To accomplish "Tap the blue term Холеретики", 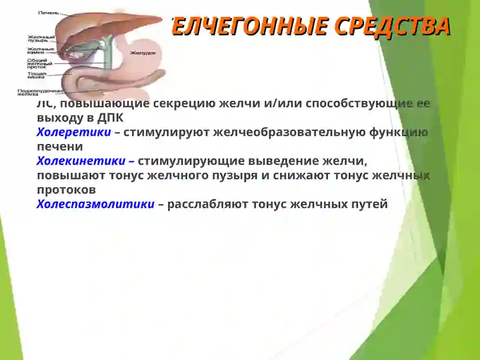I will tap(73, 133).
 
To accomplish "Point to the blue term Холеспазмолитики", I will tap(95, 205).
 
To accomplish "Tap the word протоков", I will tap(66, 190).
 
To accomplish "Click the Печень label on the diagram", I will tap(48, 13).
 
